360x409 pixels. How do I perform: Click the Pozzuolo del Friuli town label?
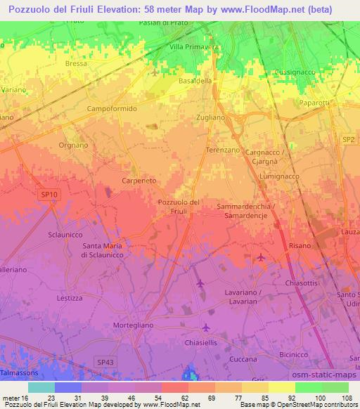180,207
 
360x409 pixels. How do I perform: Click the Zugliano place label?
211,117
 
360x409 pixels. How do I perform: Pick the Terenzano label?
223,151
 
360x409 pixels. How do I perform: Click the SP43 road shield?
105,361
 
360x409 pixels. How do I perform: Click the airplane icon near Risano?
262,257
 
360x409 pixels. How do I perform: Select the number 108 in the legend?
347,397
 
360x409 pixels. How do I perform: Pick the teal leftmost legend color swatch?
41,387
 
